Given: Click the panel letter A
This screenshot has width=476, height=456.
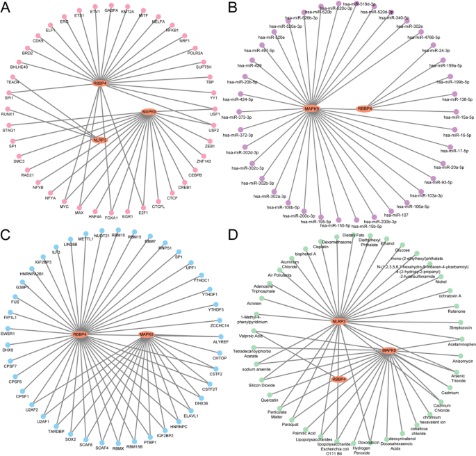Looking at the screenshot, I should pos(8,8).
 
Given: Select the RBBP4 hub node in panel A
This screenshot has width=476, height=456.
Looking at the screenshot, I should pos(100,83).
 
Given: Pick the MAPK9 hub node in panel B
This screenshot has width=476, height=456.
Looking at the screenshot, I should pos(312,108).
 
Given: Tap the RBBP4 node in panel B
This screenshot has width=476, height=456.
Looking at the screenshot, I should pos(364,108).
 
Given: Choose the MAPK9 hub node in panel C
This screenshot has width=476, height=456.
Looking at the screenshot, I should pos(147,334).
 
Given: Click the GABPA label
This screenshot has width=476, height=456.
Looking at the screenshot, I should pos(111,11).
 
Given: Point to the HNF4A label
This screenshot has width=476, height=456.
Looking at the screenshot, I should pos(95,215).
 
